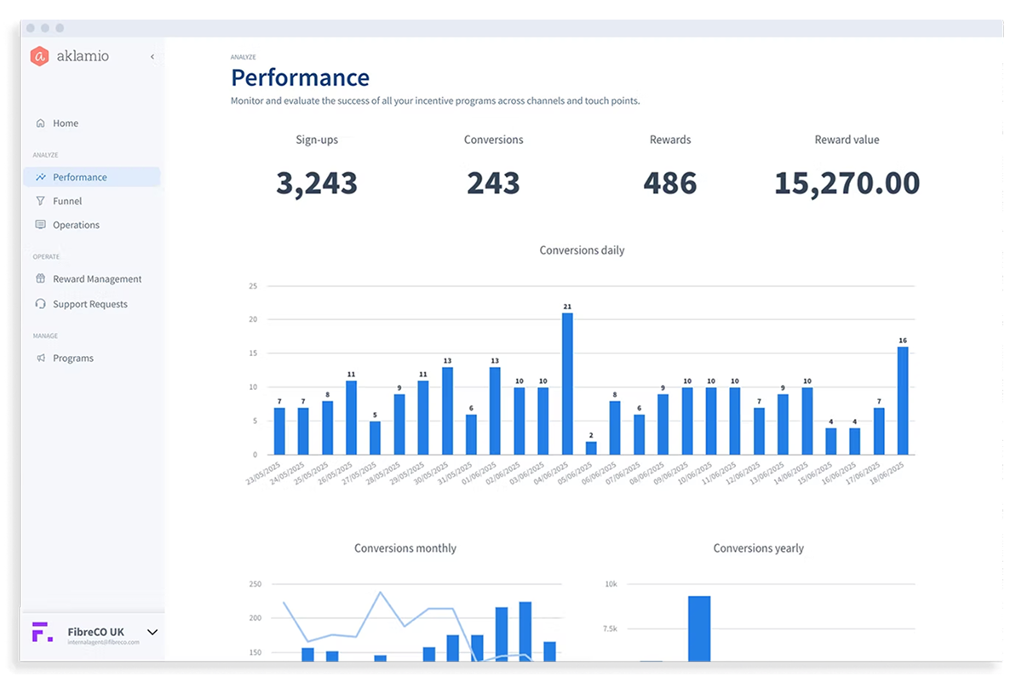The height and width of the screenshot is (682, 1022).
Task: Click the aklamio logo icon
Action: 39,57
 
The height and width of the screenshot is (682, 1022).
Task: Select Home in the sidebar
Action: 65,123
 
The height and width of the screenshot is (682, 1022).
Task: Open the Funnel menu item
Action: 67,202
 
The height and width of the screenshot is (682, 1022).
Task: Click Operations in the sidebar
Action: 76,226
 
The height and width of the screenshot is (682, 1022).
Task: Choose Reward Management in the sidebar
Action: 96,279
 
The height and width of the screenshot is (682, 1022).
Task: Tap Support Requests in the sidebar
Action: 89,305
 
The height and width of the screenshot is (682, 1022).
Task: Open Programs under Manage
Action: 72,358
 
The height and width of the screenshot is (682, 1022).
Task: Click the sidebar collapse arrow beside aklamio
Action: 152,57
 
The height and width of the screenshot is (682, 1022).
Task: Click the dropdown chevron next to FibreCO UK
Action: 152,632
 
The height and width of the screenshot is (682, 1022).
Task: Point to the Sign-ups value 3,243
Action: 316,183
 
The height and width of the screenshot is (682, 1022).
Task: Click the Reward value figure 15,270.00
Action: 847,183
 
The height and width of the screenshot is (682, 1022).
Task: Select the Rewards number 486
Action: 669,183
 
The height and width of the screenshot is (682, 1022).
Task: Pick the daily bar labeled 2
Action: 591,448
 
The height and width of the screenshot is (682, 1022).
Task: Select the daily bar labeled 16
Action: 903,400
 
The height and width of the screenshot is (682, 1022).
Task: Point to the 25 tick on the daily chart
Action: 252,286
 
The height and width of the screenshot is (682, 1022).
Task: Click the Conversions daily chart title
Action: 582,250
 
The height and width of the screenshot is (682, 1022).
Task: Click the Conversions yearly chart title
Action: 758,548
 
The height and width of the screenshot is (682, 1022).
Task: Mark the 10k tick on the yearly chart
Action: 611,584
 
